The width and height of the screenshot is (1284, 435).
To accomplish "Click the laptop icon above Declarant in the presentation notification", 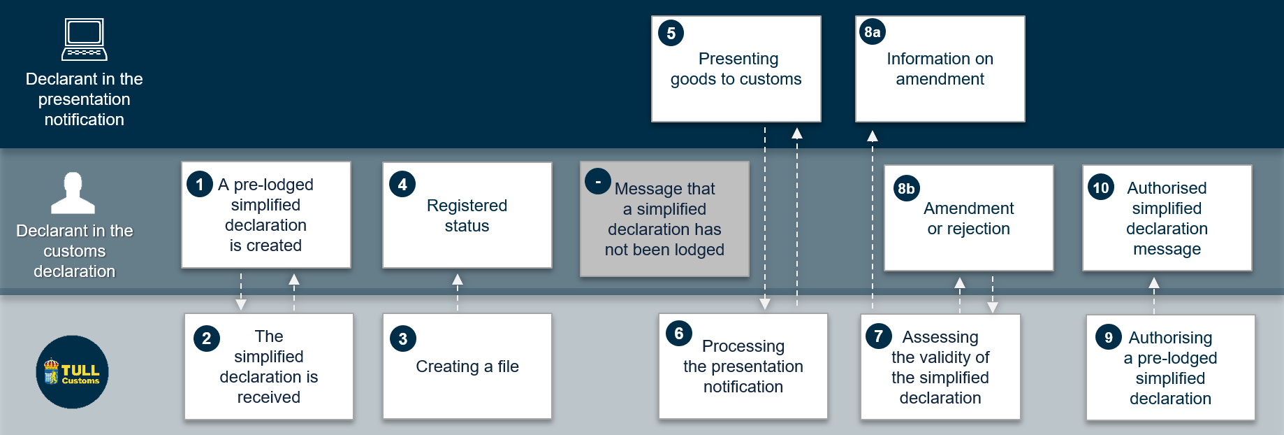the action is click(85, 39).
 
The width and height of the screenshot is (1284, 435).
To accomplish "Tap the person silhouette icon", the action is click(73, 193).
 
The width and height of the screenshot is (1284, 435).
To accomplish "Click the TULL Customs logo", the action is click(73, 372).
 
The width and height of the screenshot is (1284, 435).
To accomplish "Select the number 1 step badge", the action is click(200, 185).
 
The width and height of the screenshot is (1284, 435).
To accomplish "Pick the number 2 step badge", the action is click(207, 338).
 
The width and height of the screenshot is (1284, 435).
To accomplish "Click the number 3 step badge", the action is click(403, 338).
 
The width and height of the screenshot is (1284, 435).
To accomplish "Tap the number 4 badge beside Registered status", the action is click(402, 185).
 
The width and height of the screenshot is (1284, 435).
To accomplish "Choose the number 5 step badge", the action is click(671, 33).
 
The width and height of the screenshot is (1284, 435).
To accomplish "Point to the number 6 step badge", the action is click(679, 334).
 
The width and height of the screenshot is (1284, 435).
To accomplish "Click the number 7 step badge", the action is click(879, 336).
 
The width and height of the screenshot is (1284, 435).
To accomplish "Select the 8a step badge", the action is click(873, 31).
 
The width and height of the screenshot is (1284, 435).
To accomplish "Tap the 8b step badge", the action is click(907, 188).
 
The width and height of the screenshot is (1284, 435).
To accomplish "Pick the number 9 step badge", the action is click(1109, 338).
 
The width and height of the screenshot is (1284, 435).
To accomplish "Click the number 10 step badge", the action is click(1101, 187).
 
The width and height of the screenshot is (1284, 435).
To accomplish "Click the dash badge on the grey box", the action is click(598, 181).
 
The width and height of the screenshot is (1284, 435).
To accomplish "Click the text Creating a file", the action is click(467, 366).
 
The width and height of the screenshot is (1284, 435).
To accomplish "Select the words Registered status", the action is click(467, 215).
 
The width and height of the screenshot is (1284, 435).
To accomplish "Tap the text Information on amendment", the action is click(940, 69).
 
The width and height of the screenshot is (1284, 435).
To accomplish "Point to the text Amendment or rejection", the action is click(969, 218).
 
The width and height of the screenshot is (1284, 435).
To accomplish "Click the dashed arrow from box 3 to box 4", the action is click(458, 292).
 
